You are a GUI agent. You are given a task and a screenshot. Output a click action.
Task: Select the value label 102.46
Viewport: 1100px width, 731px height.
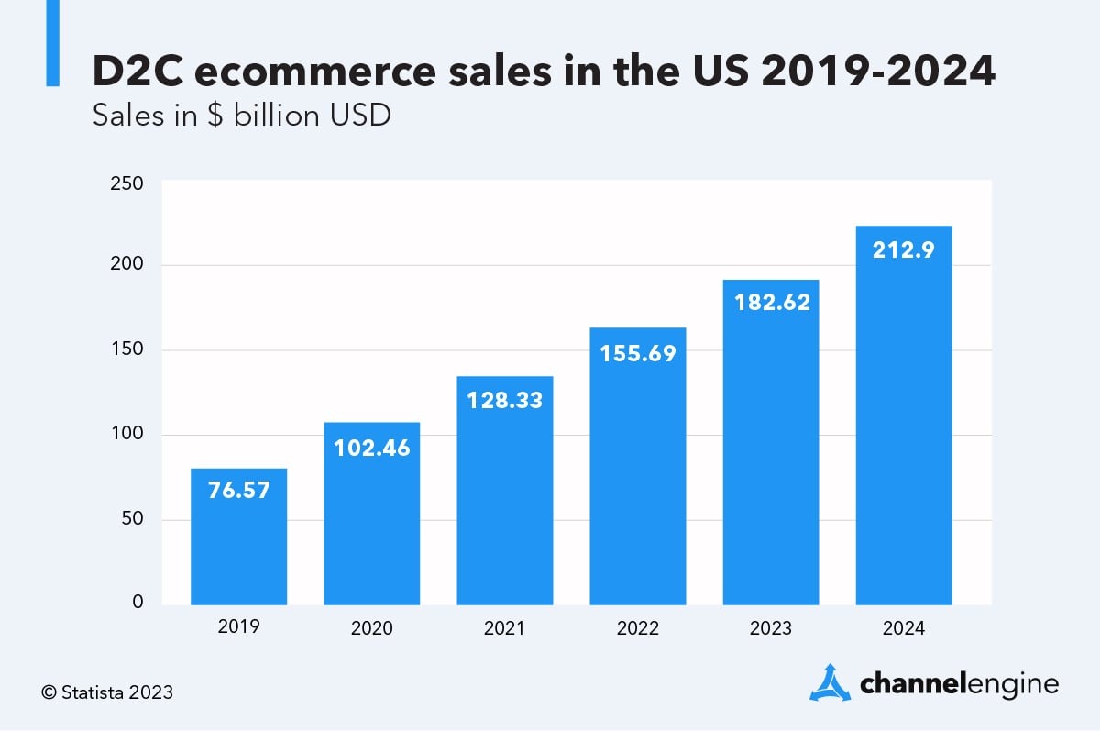tap(371, 449)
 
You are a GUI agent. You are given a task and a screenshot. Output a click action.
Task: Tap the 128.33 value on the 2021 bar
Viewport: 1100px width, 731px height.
tap(504, 401)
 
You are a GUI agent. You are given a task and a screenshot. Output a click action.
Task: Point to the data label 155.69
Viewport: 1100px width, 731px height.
tap(637, 353)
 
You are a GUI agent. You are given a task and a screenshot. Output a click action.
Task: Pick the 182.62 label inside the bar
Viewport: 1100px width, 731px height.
tap(771, 303)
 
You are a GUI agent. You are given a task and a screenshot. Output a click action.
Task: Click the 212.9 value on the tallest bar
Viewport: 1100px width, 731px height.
tap(903, 249)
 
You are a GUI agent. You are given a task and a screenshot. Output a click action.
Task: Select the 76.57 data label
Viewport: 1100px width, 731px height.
tap(238, 491)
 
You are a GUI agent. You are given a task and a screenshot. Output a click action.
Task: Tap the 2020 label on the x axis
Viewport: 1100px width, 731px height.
tap(371, 629)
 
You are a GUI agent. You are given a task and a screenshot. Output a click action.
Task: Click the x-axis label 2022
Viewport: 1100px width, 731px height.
tap(637, 629)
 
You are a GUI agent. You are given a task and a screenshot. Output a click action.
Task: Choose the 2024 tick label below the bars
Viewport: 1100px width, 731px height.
tap(903, 629)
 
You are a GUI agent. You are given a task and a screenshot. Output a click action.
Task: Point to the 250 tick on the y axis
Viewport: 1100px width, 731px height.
tap(127, 183)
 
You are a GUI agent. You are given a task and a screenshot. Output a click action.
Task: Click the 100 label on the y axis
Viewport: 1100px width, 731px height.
tap(127, 434)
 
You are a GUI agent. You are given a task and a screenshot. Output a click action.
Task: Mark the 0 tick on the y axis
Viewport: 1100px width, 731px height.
tap(137, 603)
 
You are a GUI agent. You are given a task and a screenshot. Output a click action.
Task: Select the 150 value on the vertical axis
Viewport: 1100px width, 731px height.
tap(127, 350)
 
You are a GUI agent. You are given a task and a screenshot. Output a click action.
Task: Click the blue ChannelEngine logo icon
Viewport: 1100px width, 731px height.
tap(830, 682)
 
